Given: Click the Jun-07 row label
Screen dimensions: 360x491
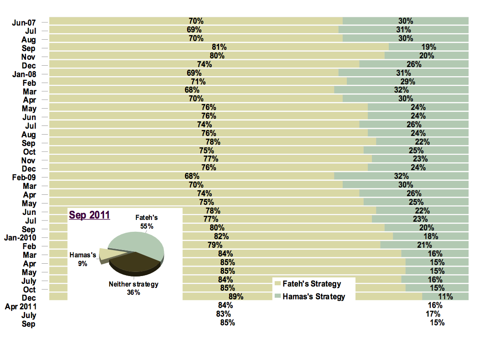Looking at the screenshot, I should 24,22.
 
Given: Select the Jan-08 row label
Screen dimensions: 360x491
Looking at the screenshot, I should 24,74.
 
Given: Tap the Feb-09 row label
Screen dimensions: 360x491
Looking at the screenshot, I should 24,177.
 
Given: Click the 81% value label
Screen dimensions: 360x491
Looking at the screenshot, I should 219,47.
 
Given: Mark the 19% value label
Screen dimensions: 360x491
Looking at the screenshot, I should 429,47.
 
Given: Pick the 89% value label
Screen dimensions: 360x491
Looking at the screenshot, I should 236,297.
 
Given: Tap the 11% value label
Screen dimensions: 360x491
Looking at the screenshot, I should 445,297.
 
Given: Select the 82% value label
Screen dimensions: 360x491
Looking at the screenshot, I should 221,236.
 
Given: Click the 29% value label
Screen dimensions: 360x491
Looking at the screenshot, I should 408,82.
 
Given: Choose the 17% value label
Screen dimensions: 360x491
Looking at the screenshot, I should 433,314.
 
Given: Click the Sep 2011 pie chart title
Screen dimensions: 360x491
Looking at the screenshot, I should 89,215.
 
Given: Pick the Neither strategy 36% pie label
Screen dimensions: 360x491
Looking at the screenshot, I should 133,288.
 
